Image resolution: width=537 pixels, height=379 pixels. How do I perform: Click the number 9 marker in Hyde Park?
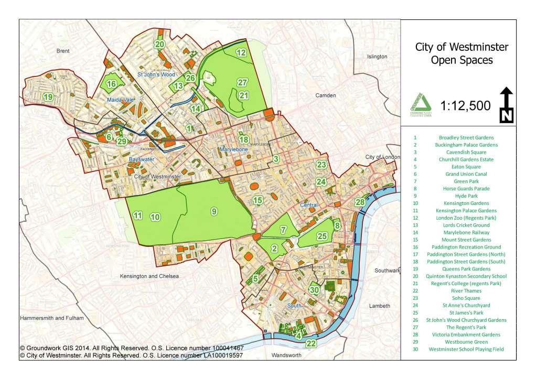coord(213,211)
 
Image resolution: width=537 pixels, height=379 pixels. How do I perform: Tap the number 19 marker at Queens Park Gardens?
coord(48,97)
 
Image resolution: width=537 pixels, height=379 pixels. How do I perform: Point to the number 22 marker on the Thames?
coord(311,344)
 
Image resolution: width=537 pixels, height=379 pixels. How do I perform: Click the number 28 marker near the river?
coord(360,202)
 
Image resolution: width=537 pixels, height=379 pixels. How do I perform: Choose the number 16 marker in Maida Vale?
coord(111,84)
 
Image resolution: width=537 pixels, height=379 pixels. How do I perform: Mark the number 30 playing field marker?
coord(314,289)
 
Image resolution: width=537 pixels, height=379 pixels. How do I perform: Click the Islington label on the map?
coord(377,56)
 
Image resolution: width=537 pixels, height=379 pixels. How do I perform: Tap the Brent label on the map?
coord(63,51)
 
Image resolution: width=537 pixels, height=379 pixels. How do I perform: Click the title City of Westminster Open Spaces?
coord(461,53)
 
